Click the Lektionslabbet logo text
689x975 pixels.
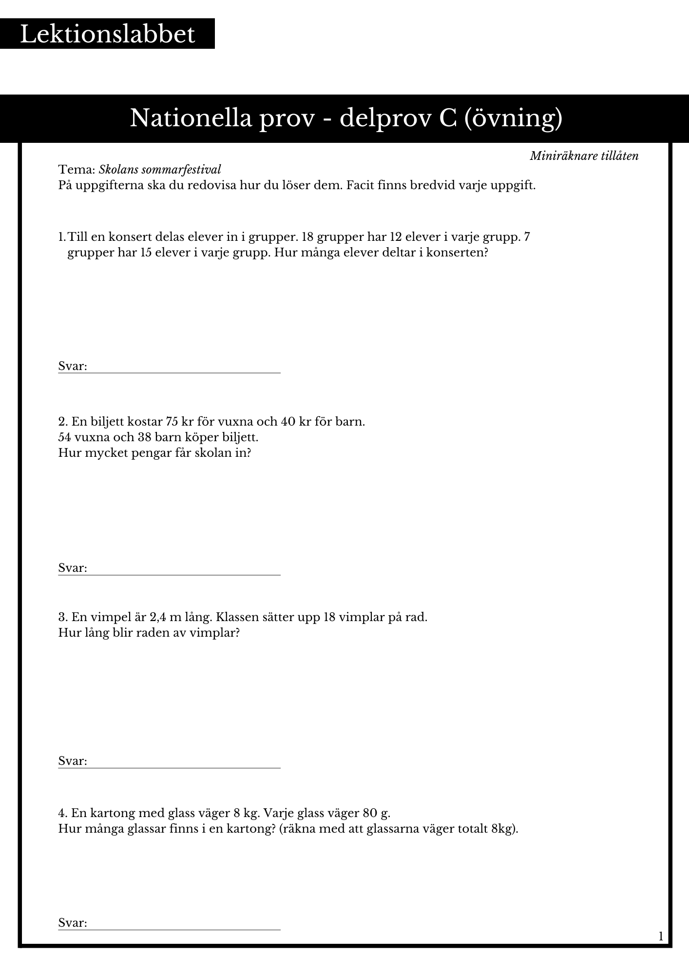click(x=107, y=34)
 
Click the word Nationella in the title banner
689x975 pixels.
click(x=191, y=118)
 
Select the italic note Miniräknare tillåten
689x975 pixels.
click(x=584, y=156)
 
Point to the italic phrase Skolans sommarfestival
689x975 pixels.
click(x=160, y=170)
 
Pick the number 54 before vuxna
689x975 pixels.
click(x=65, y=437)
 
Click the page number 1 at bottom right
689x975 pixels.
click(x=661, y=936)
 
